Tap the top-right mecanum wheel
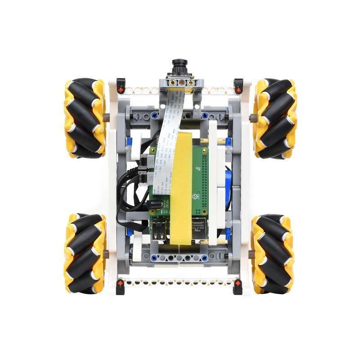[274, 118]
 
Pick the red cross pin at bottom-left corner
[121, 283]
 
